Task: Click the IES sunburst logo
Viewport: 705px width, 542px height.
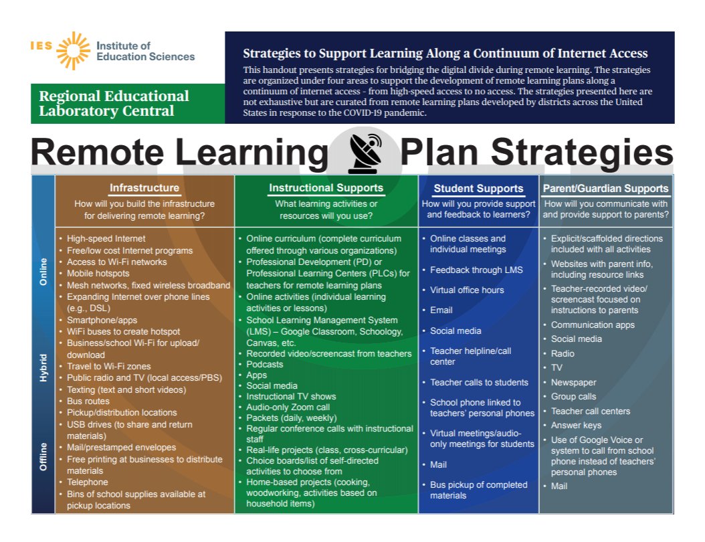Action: pos(73,51)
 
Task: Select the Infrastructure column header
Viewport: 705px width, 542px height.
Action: pos(144,188)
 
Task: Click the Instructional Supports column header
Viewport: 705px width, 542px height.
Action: pos(326,188)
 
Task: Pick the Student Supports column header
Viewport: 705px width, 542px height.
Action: pos(478,189)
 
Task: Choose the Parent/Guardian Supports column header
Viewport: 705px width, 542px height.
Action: pos(605,189)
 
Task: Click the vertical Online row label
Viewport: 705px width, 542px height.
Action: pos(43,272)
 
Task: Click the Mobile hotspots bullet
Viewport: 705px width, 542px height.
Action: pos(98,273)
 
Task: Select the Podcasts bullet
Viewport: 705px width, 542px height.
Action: pos(265,364)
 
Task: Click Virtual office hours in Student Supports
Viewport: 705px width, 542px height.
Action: pos(467,290)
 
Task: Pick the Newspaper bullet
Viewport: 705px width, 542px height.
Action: pos(573,382)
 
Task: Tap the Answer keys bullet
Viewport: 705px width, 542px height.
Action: pos(576,425)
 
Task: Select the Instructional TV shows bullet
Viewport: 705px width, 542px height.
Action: pos(291,396)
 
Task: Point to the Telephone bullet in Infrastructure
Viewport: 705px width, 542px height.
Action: pos(87,482)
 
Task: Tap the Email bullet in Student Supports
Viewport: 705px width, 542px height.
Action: pos(441,310)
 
